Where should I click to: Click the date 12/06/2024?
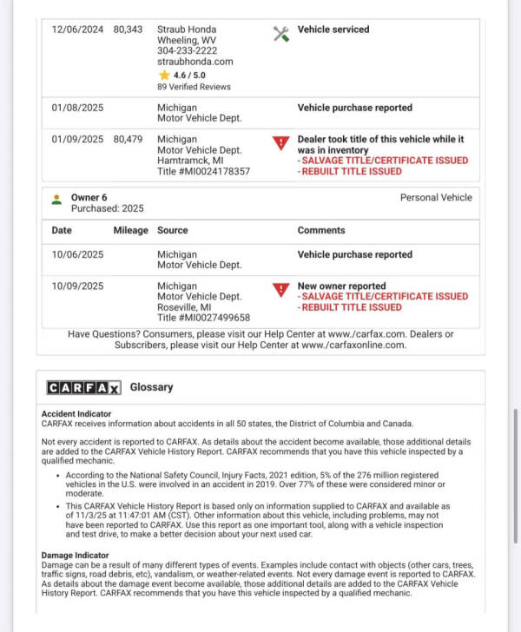click(77, 30)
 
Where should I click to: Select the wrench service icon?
click(280, 34)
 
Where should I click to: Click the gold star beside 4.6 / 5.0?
click(162, 76)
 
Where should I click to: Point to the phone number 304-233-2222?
click(188, 51)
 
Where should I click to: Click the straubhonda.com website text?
click(195, 63)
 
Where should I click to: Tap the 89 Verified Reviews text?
click(194, 87)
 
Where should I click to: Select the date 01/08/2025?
click(77, 109)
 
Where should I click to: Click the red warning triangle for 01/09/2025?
click(280, 143)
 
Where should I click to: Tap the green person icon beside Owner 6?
click(56, 199)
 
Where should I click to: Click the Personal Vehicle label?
click(436, 198)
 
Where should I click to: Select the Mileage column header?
click(130, 231)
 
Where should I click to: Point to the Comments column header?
click(321, 231)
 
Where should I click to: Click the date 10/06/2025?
click(77, 255)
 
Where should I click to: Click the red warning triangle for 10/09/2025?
click(280, 290)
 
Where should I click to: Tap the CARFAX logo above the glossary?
click(83, 388)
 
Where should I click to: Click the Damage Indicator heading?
click(76, 555)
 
